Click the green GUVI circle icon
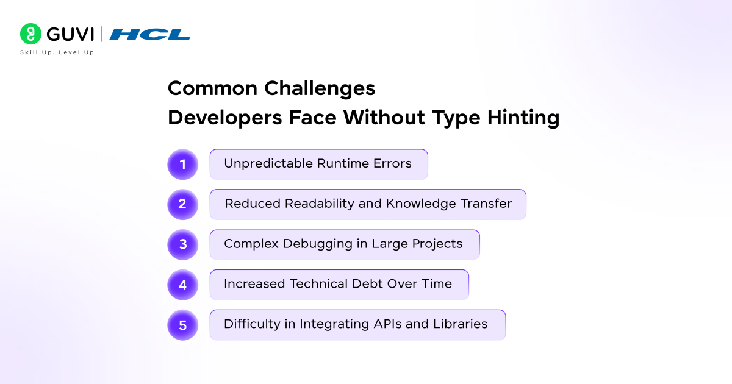click(x=30, y=34)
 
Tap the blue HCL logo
click(x=149, y=34)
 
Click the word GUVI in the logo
click(x=70, y=34)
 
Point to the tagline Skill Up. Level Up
click(x=57, y=52)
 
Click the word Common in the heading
click(x=212, y=88)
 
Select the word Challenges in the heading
click(x=320, y=89)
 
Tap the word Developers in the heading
click(x=225, y=118)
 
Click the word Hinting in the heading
click(x=523, y=118)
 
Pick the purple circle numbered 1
click(x=182, y=164)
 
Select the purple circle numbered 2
click(x=182, y=204)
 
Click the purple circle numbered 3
click(x=182, y=244)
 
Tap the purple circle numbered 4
click(x=182, y=285)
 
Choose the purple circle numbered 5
click(x=182, y=325)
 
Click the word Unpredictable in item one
click(x=268, y=163)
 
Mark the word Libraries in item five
click(x=460, y=324)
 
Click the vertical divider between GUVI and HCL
click(x=101, y=34)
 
